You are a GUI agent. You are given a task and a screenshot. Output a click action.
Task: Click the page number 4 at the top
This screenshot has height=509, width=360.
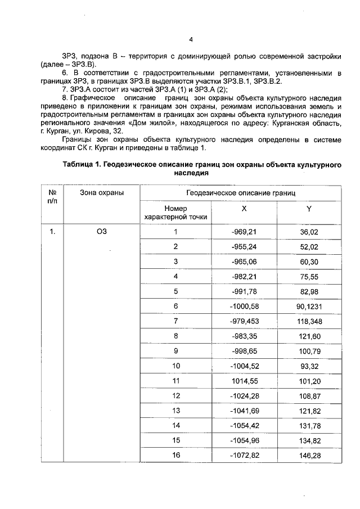pyautogui.click(x=191, y=40)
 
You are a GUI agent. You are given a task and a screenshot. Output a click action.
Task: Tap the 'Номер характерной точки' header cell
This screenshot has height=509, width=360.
pyautogui.click(x=175, y=212)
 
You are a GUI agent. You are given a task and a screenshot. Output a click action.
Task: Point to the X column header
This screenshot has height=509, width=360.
pyautogui.click(x=244, y=208)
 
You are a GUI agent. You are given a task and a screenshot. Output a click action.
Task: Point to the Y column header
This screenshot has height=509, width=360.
pyautogui.click(x=309, y=208)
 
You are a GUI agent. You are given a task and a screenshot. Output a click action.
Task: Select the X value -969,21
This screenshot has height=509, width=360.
pyautogui.click(x=244, y=232)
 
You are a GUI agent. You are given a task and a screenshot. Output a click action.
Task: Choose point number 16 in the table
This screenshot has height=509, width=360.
pyautogui.click(x=175, y=454)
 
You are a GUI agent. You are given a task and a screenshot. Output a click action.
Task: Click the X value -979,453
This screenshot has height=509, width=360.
pyautogui.click(x=244, y=321)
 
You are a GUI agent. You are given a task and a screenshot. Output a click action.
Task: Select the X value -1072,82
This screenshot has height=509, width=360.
pyautogui.click(x=244, y=455)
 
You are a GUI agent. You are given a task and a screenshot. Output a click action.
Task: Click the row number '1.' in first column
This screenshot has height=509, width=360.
pyautogui.click(x=53, y=232)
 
